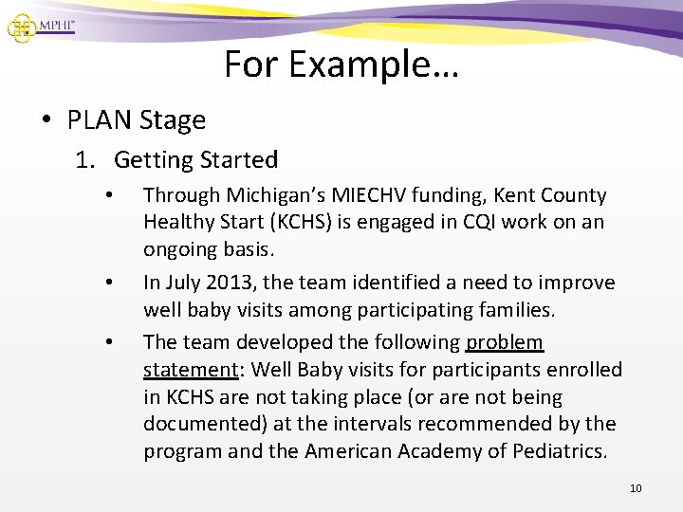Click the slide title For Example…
341,64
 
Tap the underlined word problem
504,341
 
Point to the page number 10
636,488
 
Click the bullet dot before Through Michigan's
111,196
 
